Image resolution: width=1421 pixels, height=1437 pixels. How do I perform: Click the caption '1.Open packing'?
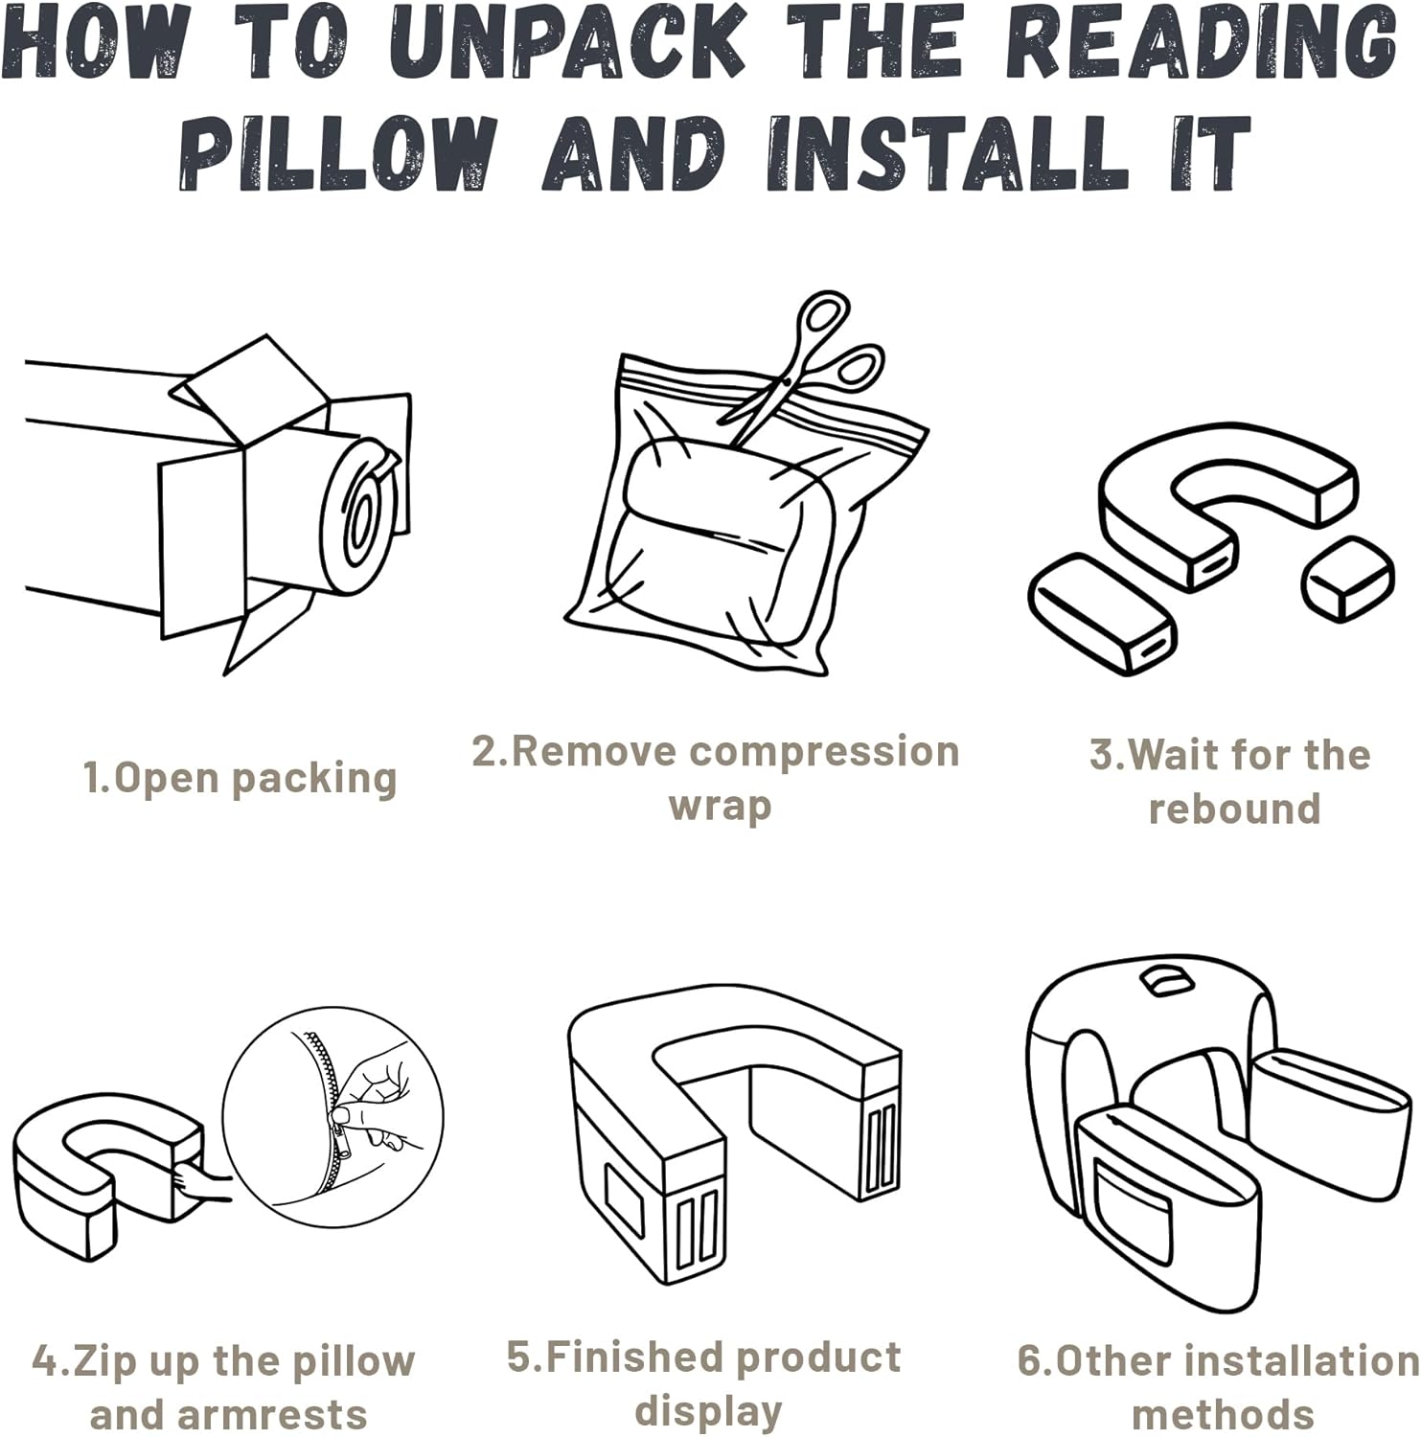[240, 778]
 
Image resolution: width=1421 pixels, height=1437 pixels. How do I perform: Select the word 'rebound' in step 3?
[1234, 809]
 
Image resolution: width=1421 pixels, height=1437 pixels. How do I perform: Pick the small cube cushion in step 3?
[1346, 578]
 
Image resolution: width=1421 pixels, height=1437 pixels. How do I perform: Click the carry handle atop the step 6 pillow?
[1161, 981]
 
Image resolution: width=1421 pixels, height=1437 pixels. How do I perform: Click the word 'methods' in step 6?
[1223, 1414]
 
